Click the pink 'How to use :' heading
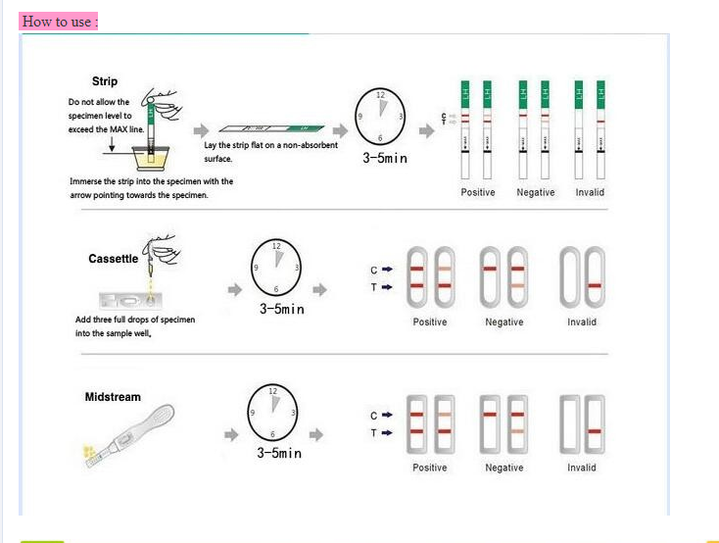click(x=59, y=22)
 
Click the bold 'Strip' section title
click(x=105, y=81)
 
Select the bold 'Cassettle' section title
click(x=114, y=259)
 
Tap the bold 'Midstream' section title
click(x=113, y=397)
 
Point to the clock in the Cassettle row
click(x=275, y=268)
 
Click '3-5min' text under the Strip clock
click(x=384, y=158)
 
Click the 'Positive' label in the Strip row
click(x=478, y=192)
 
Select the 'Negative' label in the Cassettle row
click(x=504, y=321)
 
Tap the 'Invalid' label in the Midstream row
click(x=582, y=468)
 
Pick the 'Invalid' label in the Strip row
click(x=591, y=192)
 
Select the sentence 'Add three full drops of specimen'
click(x=135, y=320)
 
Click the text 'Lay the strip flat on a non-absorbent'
click(x=271, y=145)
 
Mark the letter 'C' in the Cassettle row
click(x=373, y=271)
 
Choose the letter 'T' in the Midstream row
click(x=373, y=431)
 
